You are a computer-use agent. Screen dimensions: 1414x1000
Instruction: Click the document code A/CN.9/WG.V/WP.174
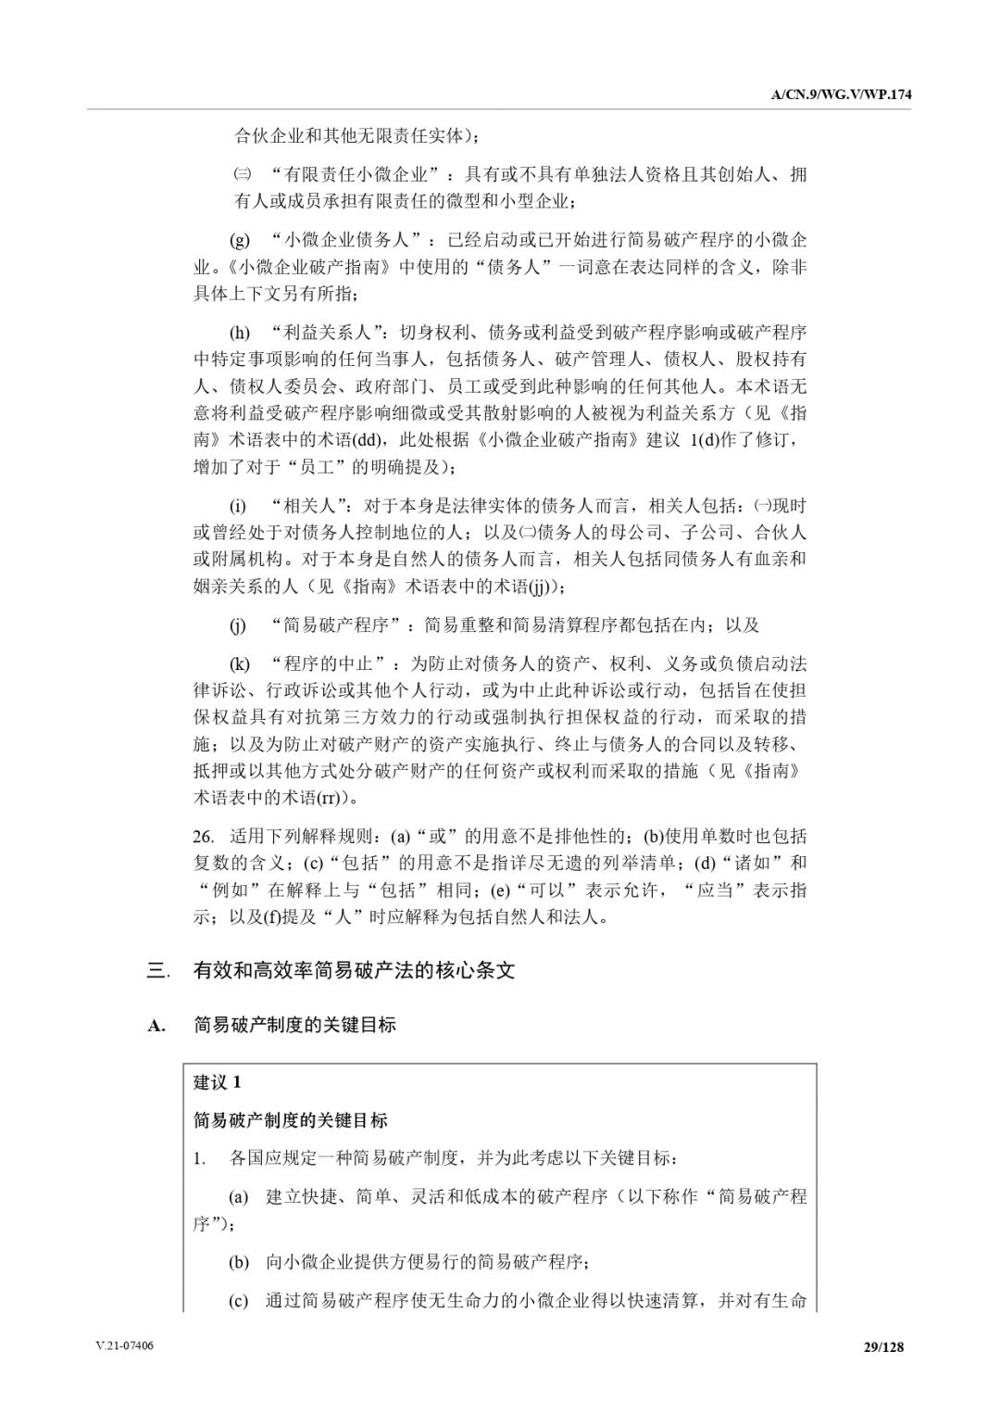coord(836,95)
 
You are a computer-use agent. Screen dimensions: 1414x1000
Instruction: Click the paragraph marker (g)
coord(240,241)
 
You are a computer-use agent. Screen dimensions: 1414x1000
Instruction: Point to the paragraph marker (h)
coord(240,332)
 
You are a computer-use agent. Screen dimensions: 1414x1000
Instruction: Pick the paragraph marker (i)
coord(238,506)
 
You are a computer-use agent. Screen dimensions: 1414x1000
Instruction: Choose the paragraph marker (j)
coord(238,625)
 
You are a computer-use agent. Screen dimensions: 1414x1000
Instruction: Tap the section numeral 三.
coord(158,970)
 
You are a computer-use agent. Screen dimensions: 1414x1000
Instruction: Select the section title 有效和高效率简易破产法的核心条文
coord(354,970)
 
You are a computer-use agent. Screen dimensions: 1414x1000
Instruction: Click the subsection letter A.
coord(156,1026)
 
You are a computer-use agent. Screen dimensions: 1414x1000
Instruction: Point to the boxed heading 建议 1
coord(218,1081)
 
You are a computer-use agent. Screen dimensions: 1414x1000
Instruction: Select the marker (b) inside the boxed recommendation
coord(239,1261)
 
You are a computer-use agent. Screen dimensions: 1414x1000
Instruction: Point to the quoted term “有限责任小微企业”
coord(358,174)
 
